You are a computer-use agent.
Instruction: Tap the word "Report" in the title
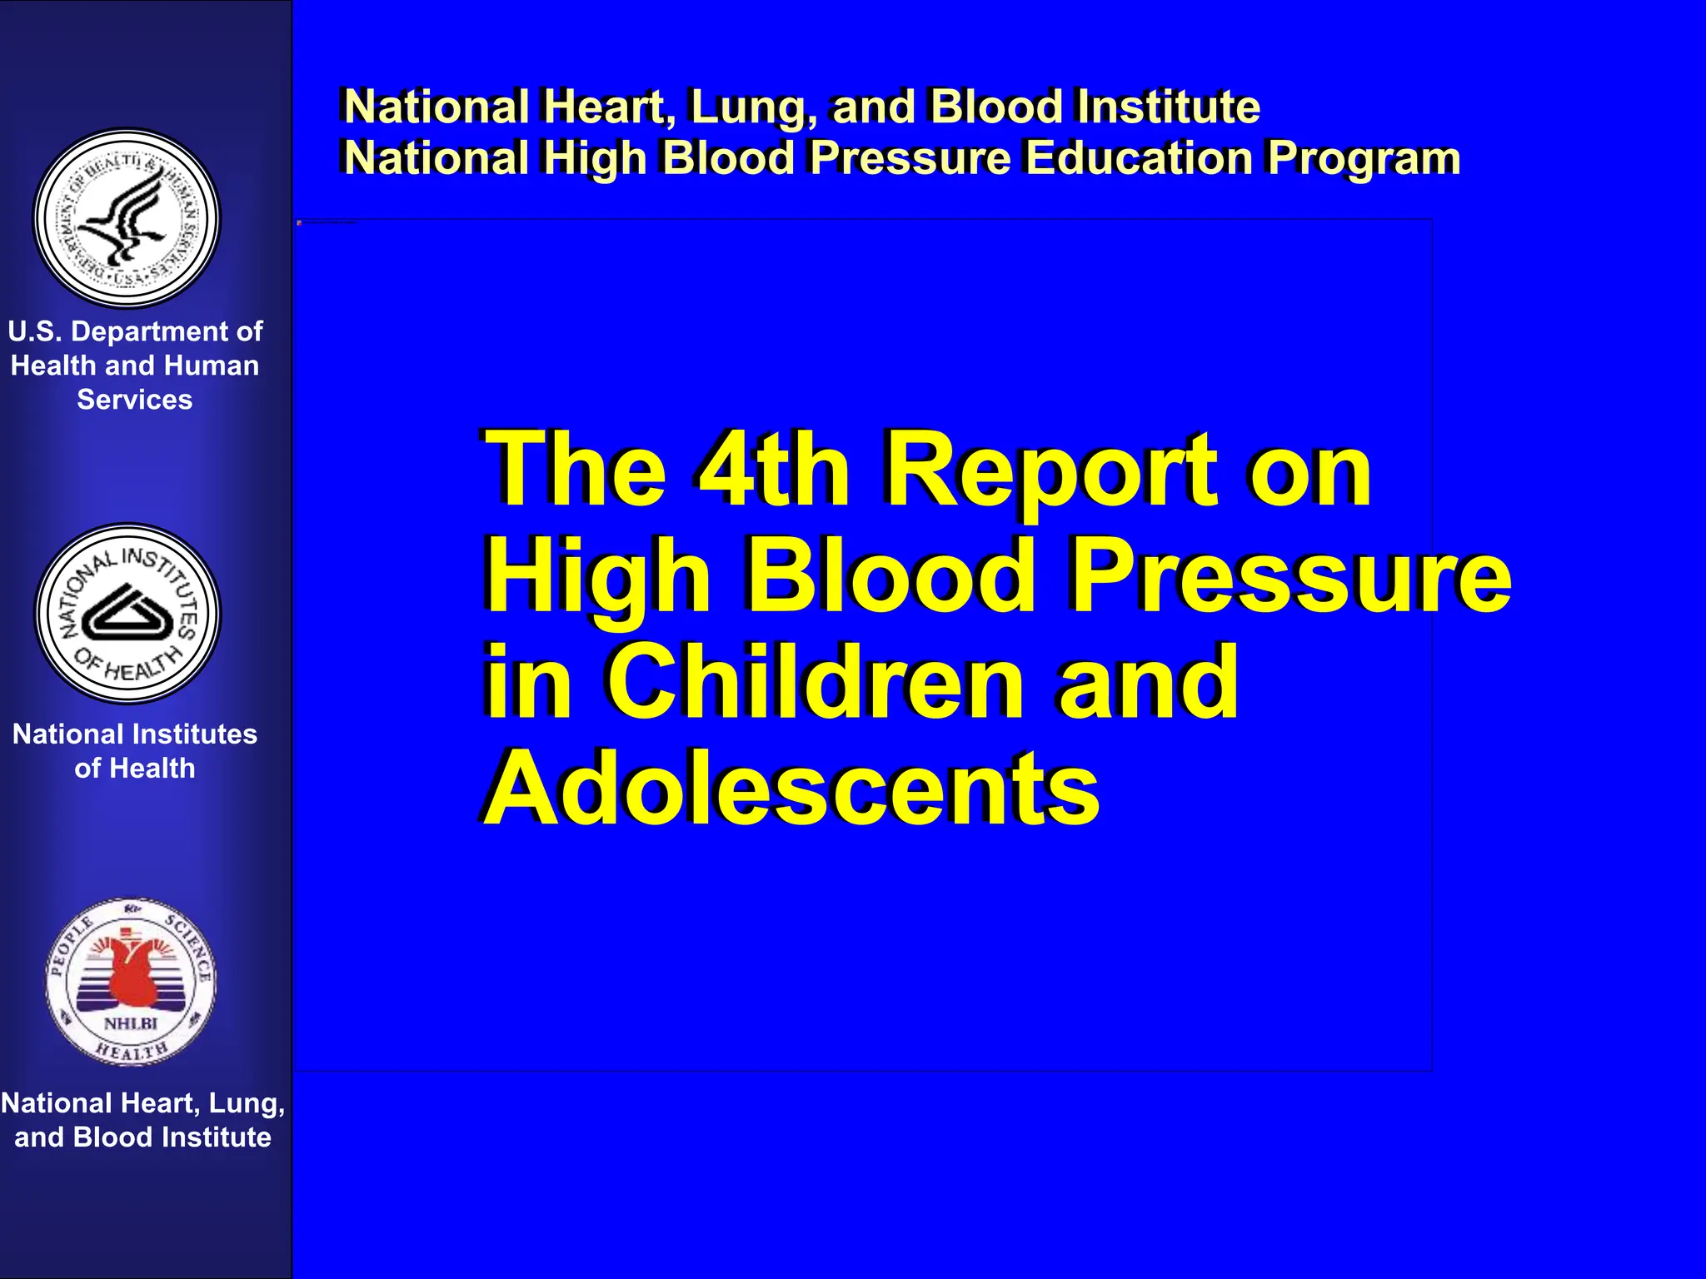[1050, 473]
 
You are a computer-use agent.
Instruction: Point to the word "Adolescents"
[791, 789]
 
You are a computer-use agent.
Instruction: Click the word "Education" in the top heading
[1138, 157]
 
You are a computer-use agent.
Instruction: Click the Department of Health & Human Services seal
[127, 218]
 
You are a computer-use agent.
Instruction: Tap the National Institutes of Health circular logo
[127, 614]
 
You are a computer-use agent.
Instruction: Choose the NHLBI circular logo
[131, 982]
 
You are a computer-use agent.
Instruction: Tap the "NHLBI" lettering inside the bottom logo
[131, 1023]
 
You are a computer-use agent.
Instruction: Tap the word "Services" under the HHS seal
[135, 400]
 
